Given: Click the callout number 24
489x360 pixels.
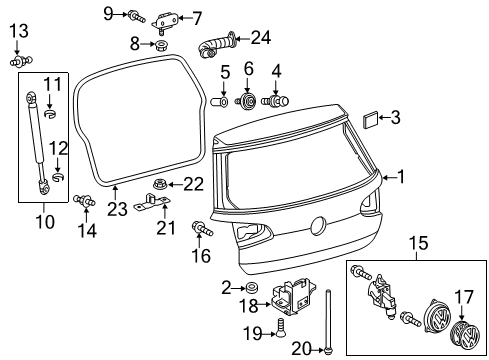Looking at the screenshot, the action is coord(261,38).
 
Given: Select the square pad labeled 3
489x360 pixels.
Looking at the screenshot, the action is coord(370,120).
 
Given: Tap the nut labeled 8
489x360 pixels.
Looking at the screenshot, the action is coord(162,44).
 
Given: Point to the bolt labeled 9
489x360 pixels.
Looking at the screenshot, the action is coord(136,16).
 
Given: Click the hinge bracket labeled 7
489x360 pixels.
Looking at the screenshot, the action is coord(164,22).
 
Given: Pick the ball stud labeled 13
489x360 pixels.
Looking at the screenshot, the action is coord(21,61).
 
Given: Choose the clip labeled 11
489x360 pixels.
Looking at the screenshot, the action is coord(50,113).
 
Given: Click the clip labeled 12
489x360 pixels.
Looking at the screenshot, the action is coord(58,177).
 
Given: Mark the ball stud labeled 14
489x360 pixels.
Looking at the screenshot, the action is coord(84,200).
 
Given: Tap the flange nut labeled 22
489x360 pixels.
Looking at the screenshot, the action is coord(159,184).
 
